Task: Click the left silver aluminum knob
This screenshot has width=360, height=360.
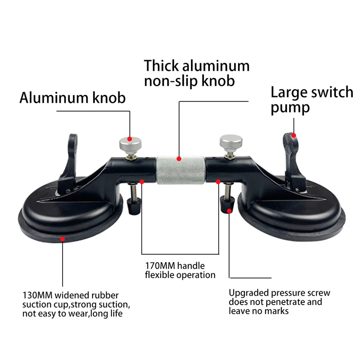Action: point(129,143)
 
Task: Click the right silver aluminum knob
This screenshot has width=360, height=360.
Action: point(231,142)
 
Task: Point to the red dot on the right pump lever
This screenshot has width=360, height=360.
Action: point(293,135)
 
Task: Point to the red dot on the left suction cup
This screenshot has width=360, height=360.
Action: point(62,239)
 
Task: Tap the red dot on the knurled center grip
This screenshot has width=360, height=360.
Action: point(180,159)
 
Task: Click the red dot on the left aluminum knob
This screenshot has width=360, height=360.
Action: point(130,139)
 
